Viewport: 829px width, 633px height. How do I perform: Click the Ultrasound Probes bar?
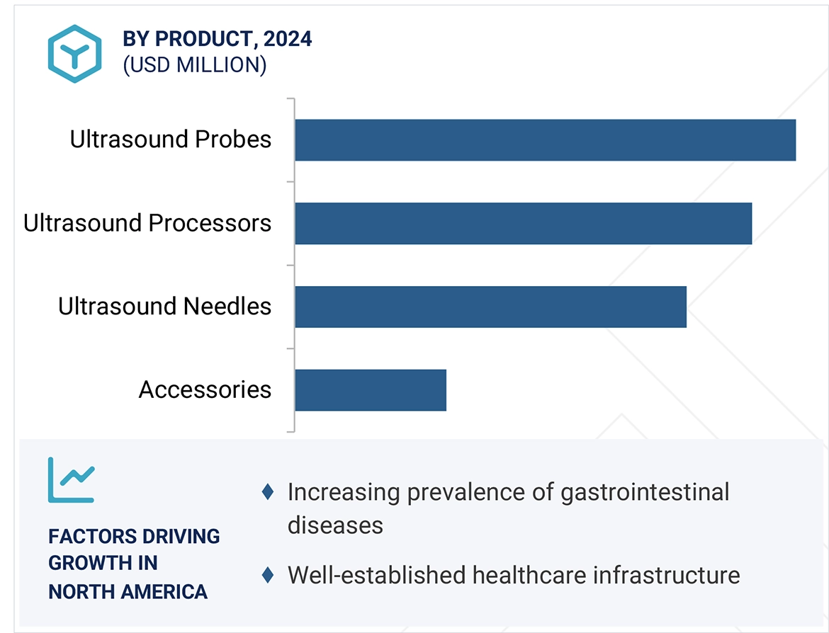pyautogui.click(x=545, y=140)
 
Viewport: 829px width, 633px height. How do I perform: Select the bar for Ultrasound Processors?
pyautogui.click(x=523, y=224)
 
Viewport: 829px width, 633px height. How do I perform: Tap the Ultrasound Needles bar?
pyautogui.click(x=490, y=307)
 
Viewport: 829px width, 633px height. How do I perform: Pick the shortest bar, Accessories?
pyautogui.click(x=371, y=390)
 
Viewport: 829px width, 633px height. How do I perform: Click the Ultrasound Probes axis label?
pyautogui.click(x=170, y=139)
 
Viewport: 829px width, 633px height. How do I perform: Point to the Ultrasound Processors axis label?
pyautogui.click(x=147, y=223)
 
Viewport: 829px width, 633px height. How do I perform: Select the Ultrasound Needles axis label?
pyautogui.click(x=164, y=307)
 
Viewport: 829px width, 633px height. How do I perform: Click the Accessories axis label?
pyautogui.click(x=205, y=390)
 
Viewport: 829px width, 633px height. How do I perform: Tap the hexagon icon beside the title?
pyautogui.click(x=74, y=53)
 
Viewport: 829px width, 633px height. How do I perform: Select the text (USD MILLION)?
pyautogui.click(x=195, y=65)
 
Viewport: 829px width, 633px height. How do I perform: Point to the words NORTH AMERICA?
pyautogui.click(x=128, y=591)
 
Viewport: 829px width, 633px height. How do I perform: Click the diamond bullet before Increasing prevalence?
pyautogui.click(x=268, y=491)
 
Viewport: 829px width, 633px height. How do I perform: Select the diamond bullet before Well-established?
pyautogui.click(x=268, y=575)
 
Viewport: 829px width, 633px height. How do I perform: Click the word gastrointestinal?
pyautogui.click(x=644, y=492)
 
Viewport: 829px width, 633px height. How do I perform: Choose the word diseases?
pyautogui.click(x=335, y=525)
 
